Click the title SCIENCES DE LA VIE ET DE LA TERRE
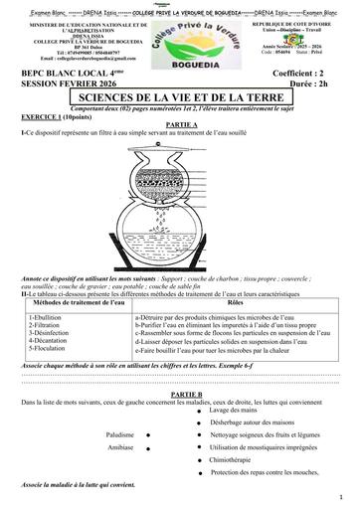(x=180, y=98)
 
